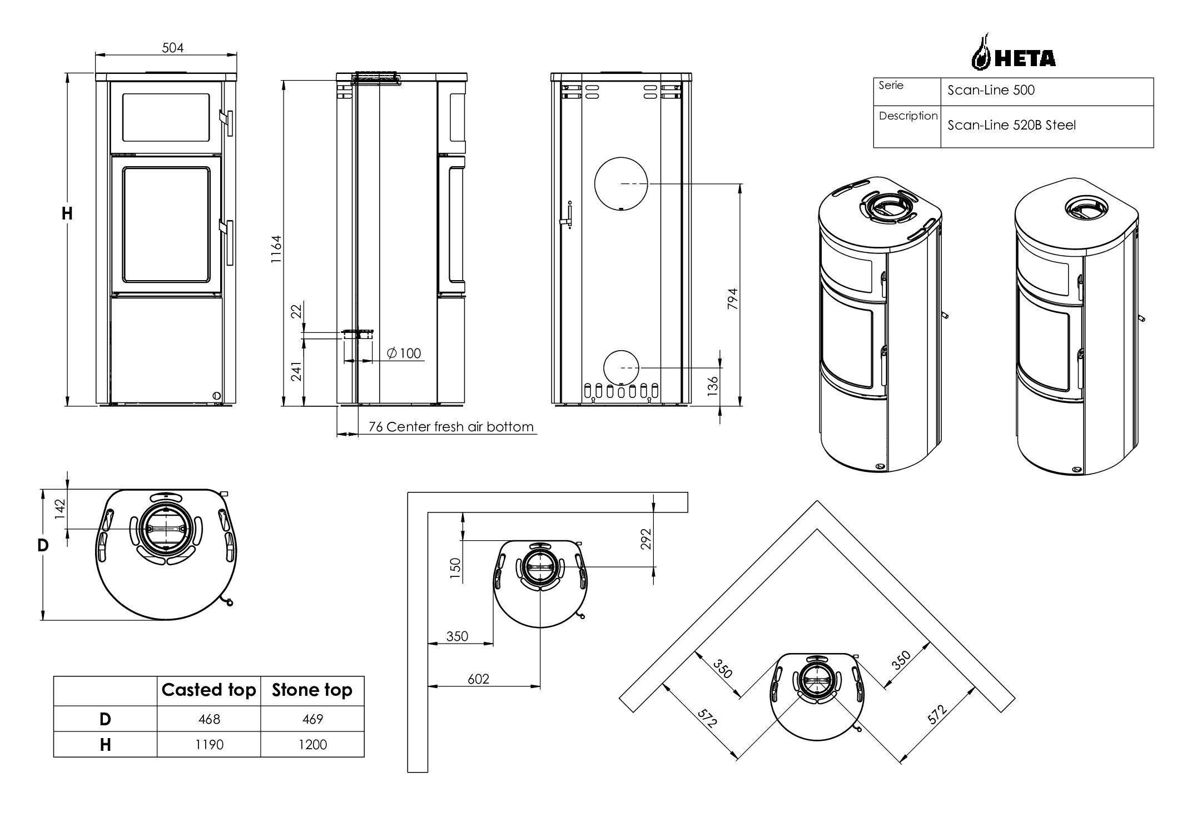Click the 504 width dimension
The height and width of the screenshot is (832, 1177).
pos(172,48)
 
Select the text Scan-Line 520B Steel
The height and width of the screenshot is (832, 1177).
pos(1011,126)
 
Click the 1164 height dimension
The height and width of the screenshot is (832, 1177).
pos(276,250)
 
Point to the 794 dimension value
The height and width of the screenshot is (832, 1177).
pos(732,299)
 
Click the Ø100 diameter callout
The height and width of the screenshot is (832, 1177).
pos(404,353)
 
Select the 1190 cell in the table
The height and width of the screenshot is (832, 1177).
pos(209,745)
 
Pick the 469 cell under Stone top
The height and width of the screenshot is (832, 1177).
pos(312,719)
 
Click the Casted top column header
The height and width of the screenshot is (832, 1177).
pos(208,690)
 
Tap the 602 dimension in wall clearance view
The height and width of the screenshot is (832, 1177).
pos(478,679)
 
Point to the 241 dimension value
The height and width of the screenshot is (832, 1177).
pos(296,371)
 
